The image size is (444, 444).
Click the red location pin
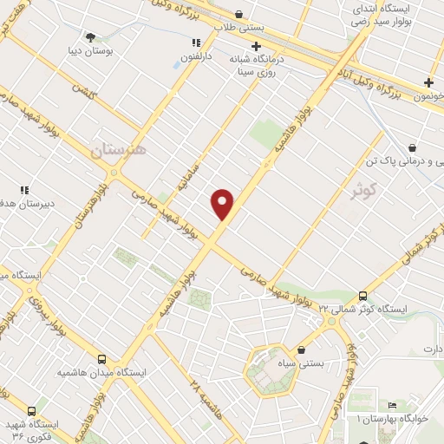pyautogui.click(x=223, y=204)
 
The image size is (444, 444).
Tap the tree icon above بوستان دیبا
pyautogui.click(x=91, y=36)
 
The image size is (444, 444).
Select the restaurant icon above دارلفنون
pyautogui.click(x=197, y=42)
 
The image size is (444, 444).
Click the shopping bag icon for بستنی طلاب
pyautogui.click(x=238, y=14)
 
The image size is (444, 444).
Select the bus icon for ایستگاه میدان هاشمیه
pyautogui.click(x=102, y=359)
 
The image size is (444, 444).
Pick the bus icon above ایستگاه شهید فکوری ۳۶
pyautogui.click(x=32, y=411)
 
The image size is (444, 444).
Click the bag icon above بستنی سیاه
pyautogui.click(x=301, y=350)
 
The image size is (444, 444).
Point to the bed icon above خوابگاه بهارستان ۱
pyautogui.click(x=393, y=405)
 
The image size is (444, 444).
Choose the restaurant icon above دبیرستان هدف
pyautogui.click(x=24, y=189)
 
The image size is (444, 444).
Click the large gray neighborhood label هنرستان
pyautogui.click(x=119, y=149)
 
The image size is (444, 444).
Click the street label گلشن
pyautogui.click(x=83, y=92)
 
